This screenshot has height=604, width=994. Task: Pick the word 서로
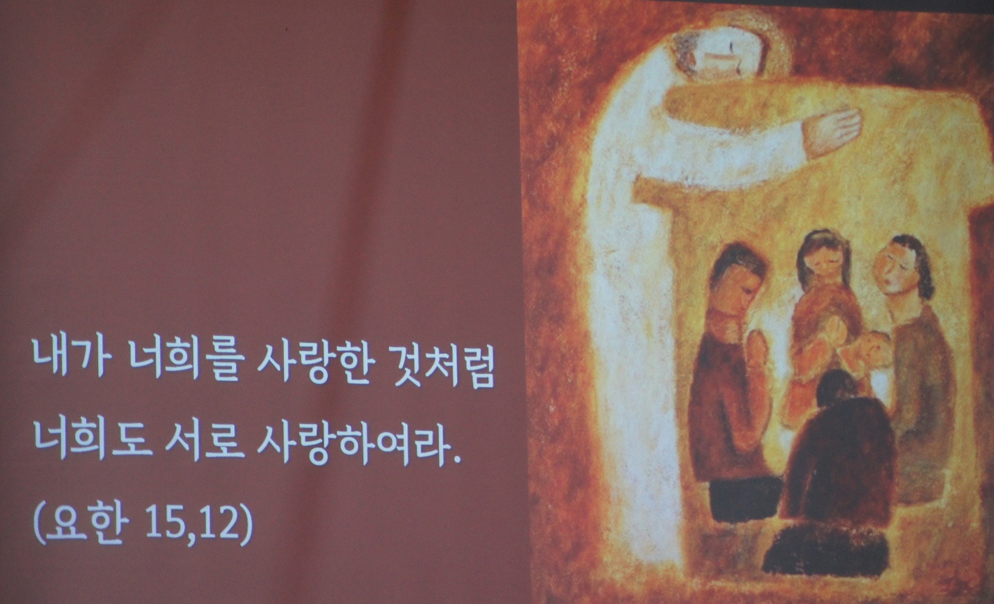point(205,439)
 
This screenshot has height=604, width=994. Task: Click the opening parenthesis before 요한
point(39,522)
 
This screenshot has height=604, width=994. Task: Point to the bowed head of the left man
point(737,279)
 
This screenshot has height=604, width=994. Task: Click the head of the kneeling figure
point(838,387)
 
